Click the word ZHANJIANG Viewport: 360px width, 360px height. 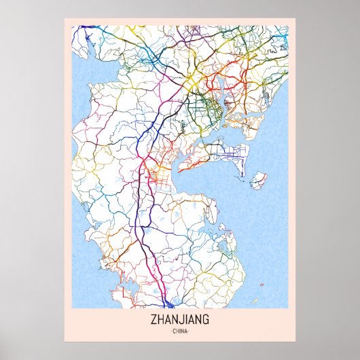179,319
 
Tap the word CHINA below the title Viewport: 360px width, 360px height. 179,331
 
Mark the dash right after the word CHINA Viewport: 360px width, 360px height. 190,331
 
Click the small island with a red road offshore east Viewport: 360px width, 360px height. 258,181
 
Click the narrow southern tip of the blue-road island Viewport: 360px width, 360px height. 241,173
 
